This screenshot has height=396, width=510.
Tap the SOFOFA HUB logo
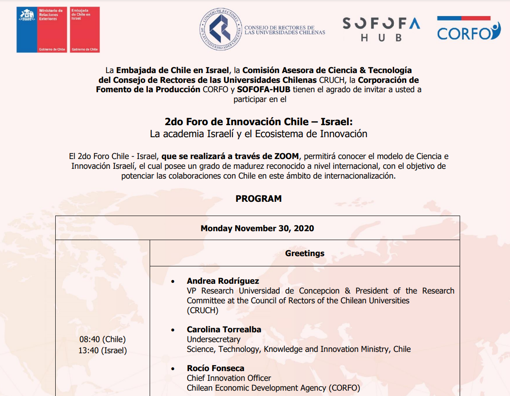(381, 29)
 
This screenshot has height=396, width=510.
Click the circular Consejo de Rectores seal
(221, 30)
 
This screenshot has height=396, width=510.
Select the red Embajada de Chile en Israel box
(85, 30)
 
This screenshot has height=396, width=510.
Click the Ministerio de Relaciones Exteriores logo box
(42, 30)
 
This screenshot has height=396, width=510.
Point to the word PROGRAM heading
(258, 199)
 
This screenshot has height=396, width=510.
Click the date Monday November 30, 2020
(257, 229)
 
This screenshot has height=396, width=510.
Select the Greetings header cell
(305, 253)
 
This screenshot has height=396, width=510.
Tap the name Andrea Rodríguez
(223, 281)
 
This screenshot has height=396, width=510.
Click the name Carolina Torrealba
(224, 330)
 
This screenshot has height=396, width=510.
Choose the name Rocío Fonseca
(216, 368)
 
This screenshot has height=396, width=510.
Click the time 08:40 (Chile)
(102, 340)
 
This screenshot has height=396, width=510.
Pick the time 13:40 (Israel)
(102, 351)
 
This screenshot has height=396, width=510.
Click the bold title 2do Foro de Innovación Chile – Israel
(258, 122)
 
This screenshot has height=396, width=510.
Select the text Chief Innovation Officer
(229, 378)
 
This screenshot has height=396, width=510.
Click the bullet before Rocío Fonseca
(173, 369)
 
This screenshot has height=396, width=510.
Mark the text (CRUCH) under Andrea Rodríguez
(203, 310)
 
